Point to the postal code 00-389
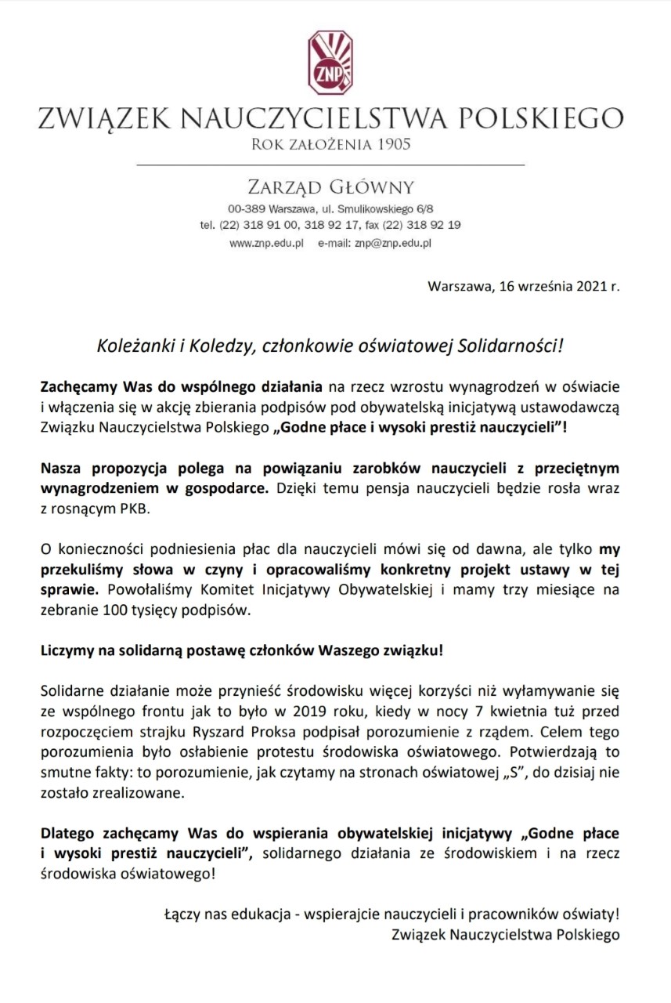pos(246,209)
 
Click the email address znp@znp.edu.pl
pos(393,244)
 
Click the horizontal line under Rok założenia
pos(330,165)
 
